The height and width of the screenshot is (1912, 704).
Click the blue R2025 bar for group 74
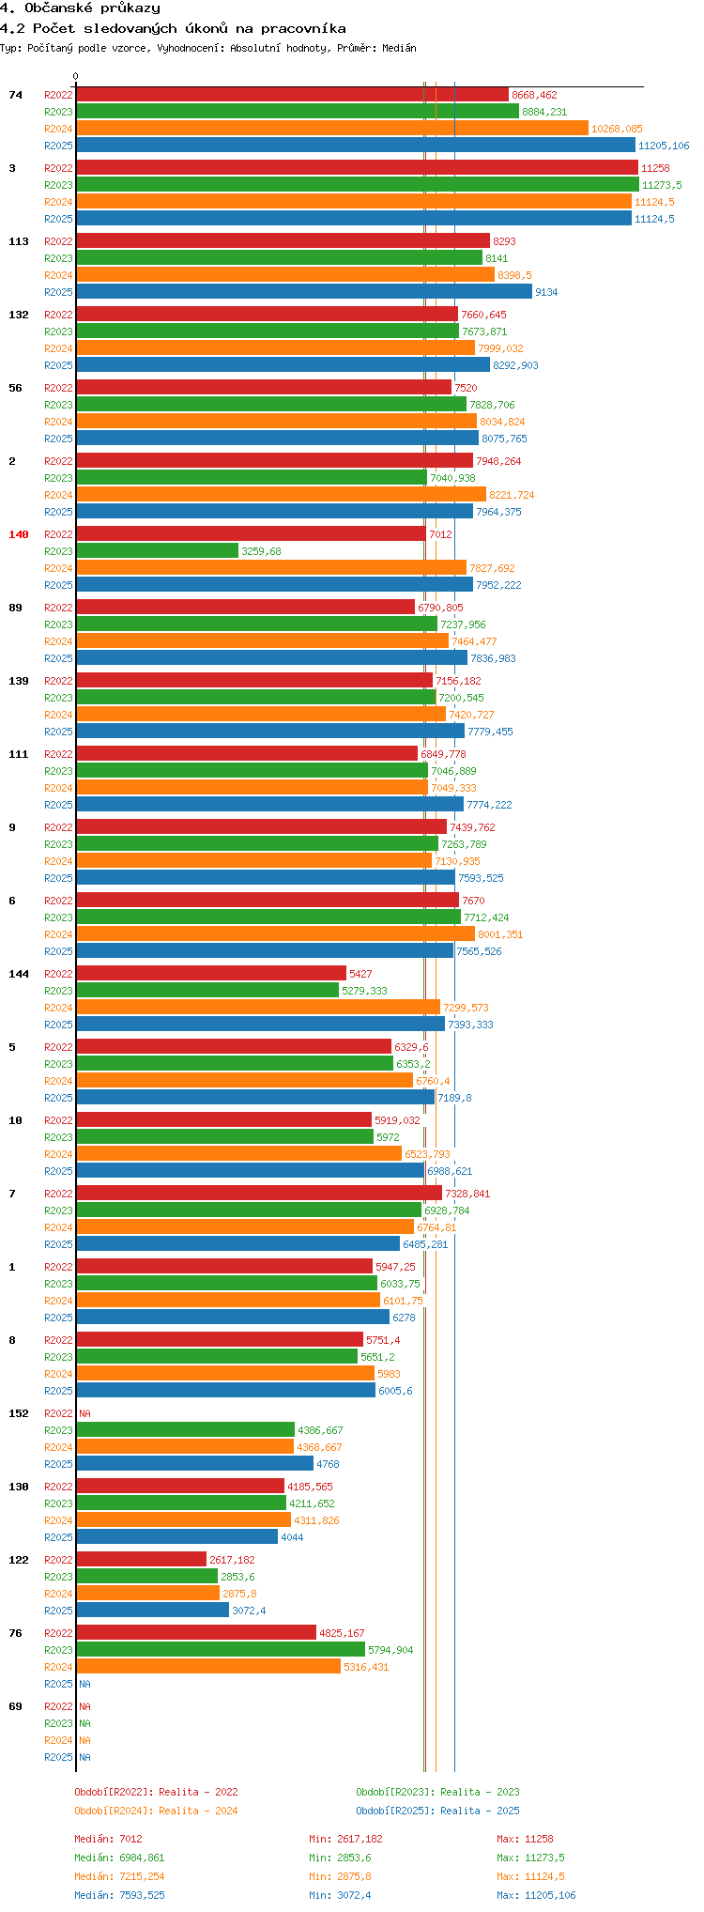(x=355, y=146)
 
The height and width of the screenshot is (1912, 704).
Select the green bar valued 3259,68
(x=157, y=551)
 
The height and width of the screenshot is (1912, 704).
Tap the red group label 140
(x=19, y=534)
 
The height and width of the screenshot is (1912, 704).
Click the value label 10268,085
(x=617, y=129)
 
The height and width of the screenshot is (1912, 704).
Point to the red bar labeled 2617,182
(x=141, y=1560)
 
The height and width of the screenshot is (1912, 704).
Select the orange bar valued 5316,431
(x=208, y=1667)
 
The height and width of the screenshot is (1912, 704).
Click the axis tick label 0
(x=76, y=77)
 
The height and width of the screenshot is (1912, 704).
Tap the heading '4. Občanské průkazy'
(x=80, y=8)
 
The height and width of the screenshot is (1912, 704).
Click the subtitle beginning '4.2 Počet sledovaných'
(x=173, y=28)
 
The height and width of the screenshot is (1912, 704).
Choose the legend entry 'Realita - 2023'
(x=437, y=1792)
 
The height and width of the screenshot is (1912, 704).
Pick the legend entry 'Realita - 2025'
(x=437, y=1811)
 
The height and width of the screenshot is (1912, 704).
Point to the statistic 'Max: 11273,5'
(x=530, y=1858)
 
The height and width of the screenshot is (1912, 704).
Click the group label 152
(x=19, y=1413)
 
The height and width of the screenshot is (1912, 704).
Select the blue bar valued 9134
(x=304, y=292)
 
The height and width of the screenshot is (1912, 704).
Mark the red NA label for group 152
(x=84, y=1413)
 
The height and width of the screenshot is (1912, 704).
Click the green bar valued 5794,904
(x=221, y=1650)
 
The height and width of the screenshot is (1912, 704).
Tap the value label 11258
(x=655, y=168)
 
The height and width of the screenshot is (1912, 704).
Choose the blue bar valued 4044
(x=176, y=1537)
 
